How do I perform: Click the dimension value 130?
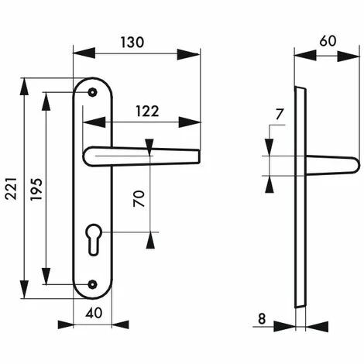coord(132,43)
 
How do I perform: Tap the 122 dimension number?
coord(147,112)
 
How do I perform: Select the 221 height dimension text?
coord(12,188)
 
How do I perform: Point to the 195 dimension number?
coord(36,189)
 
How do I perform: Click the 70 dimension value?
coord(139,198)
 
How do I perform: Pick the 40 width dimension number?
coord(94,313)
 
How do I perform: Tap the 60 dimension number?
coord(328,41)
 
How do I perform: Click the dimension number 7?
coord(280,115)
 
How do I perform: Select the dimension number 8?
coord(262,319)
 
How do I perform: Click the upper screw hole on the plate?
coord(92,92)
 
